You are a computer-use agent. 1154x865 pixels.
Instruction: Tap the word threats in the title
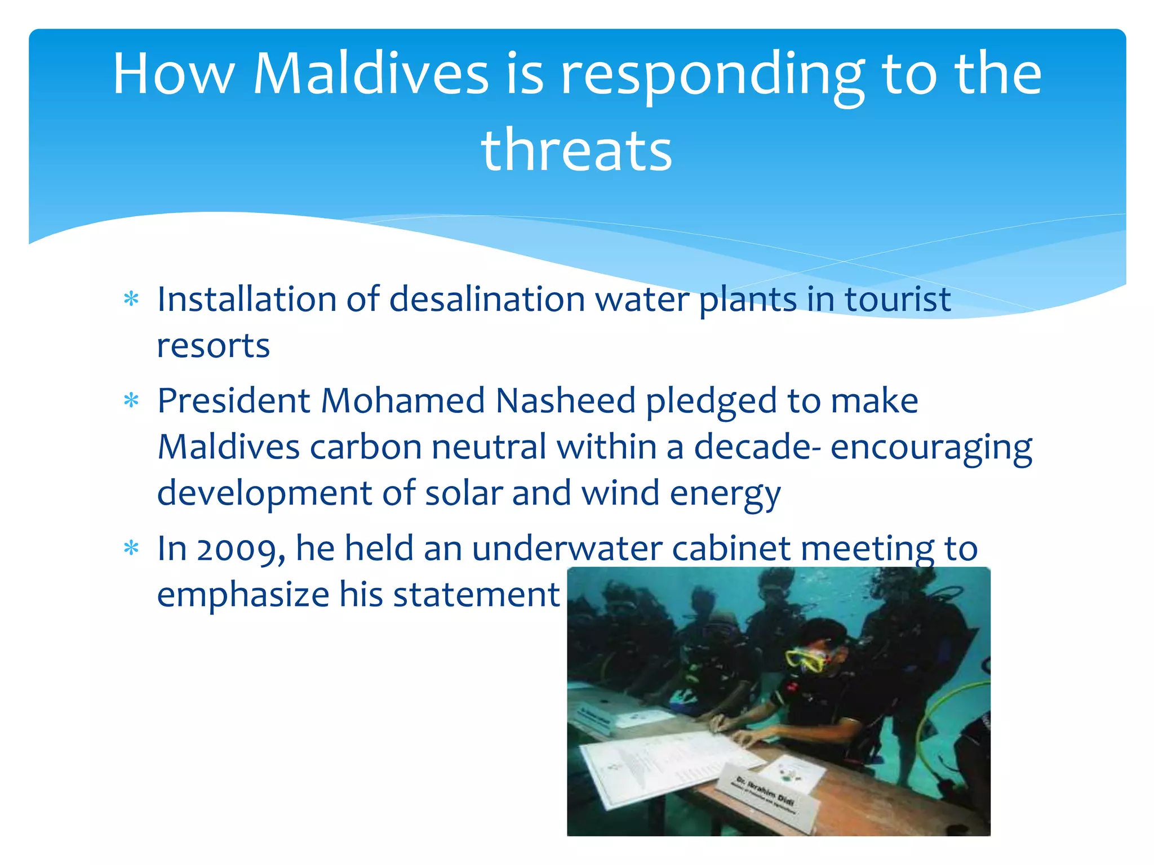coord(576,150)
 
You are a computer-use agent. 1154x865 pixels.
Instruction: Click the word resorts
coord(213,345)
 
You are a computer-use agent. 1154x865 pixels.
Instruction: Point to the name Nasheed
coord(565,400)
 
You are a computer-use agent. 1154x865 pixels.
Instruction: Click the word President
coord(234,400)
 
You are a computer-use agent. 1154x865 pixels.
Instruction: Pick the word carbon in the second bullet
coord(366,447)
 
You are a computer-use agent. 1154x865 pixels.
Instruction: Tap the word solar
coord(463,493)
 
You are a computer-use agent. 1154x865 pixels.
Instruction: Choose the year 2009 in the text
coord(241,549)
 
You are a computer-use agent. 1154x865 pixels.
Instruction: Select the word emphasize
coord(243,594)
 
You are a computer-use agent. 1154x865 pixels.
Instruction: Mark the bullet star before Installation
coord(131,299)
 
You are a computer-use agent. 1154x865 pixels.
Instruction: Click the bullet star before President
coord(131,401)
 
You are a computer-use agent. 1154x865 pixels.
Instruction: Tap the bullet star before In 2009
coord(131,549)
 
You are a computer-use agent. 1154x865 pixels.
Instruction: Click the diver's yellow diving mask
coord(806,659)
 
